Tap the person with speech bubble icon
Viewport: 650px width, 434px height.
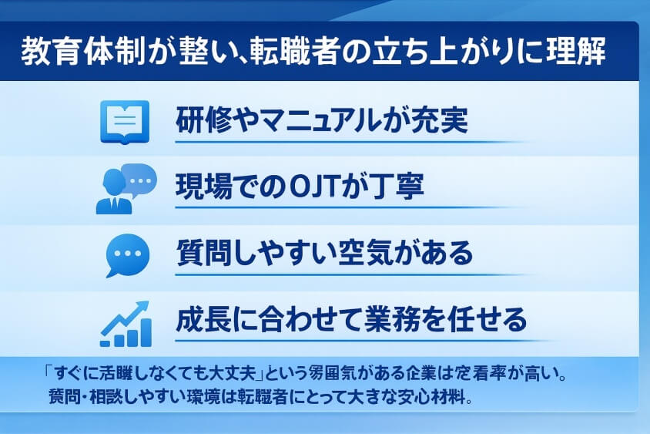tap(124, 187)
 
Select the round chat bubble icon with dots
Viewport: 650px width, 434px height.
tap(126, 254)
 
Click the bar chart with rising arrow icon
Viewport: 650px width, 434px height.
tap(125, 323)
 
